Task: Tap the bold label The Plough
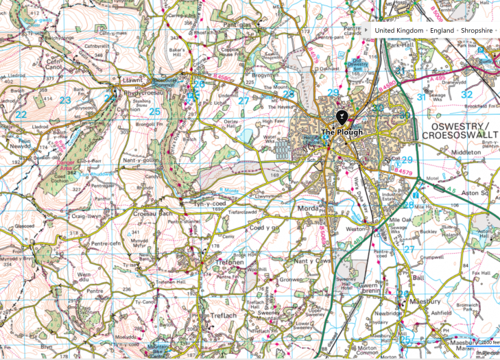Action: click(x=342, y=132)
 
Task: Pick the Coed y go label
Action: click(x=265, y=228)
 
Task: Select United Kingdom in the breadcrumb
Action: click(x=398, y=31)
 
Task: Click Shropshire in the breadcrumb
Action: click(x=480, y=31)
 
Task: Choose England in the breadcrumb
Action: click(x=442, y=31)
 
